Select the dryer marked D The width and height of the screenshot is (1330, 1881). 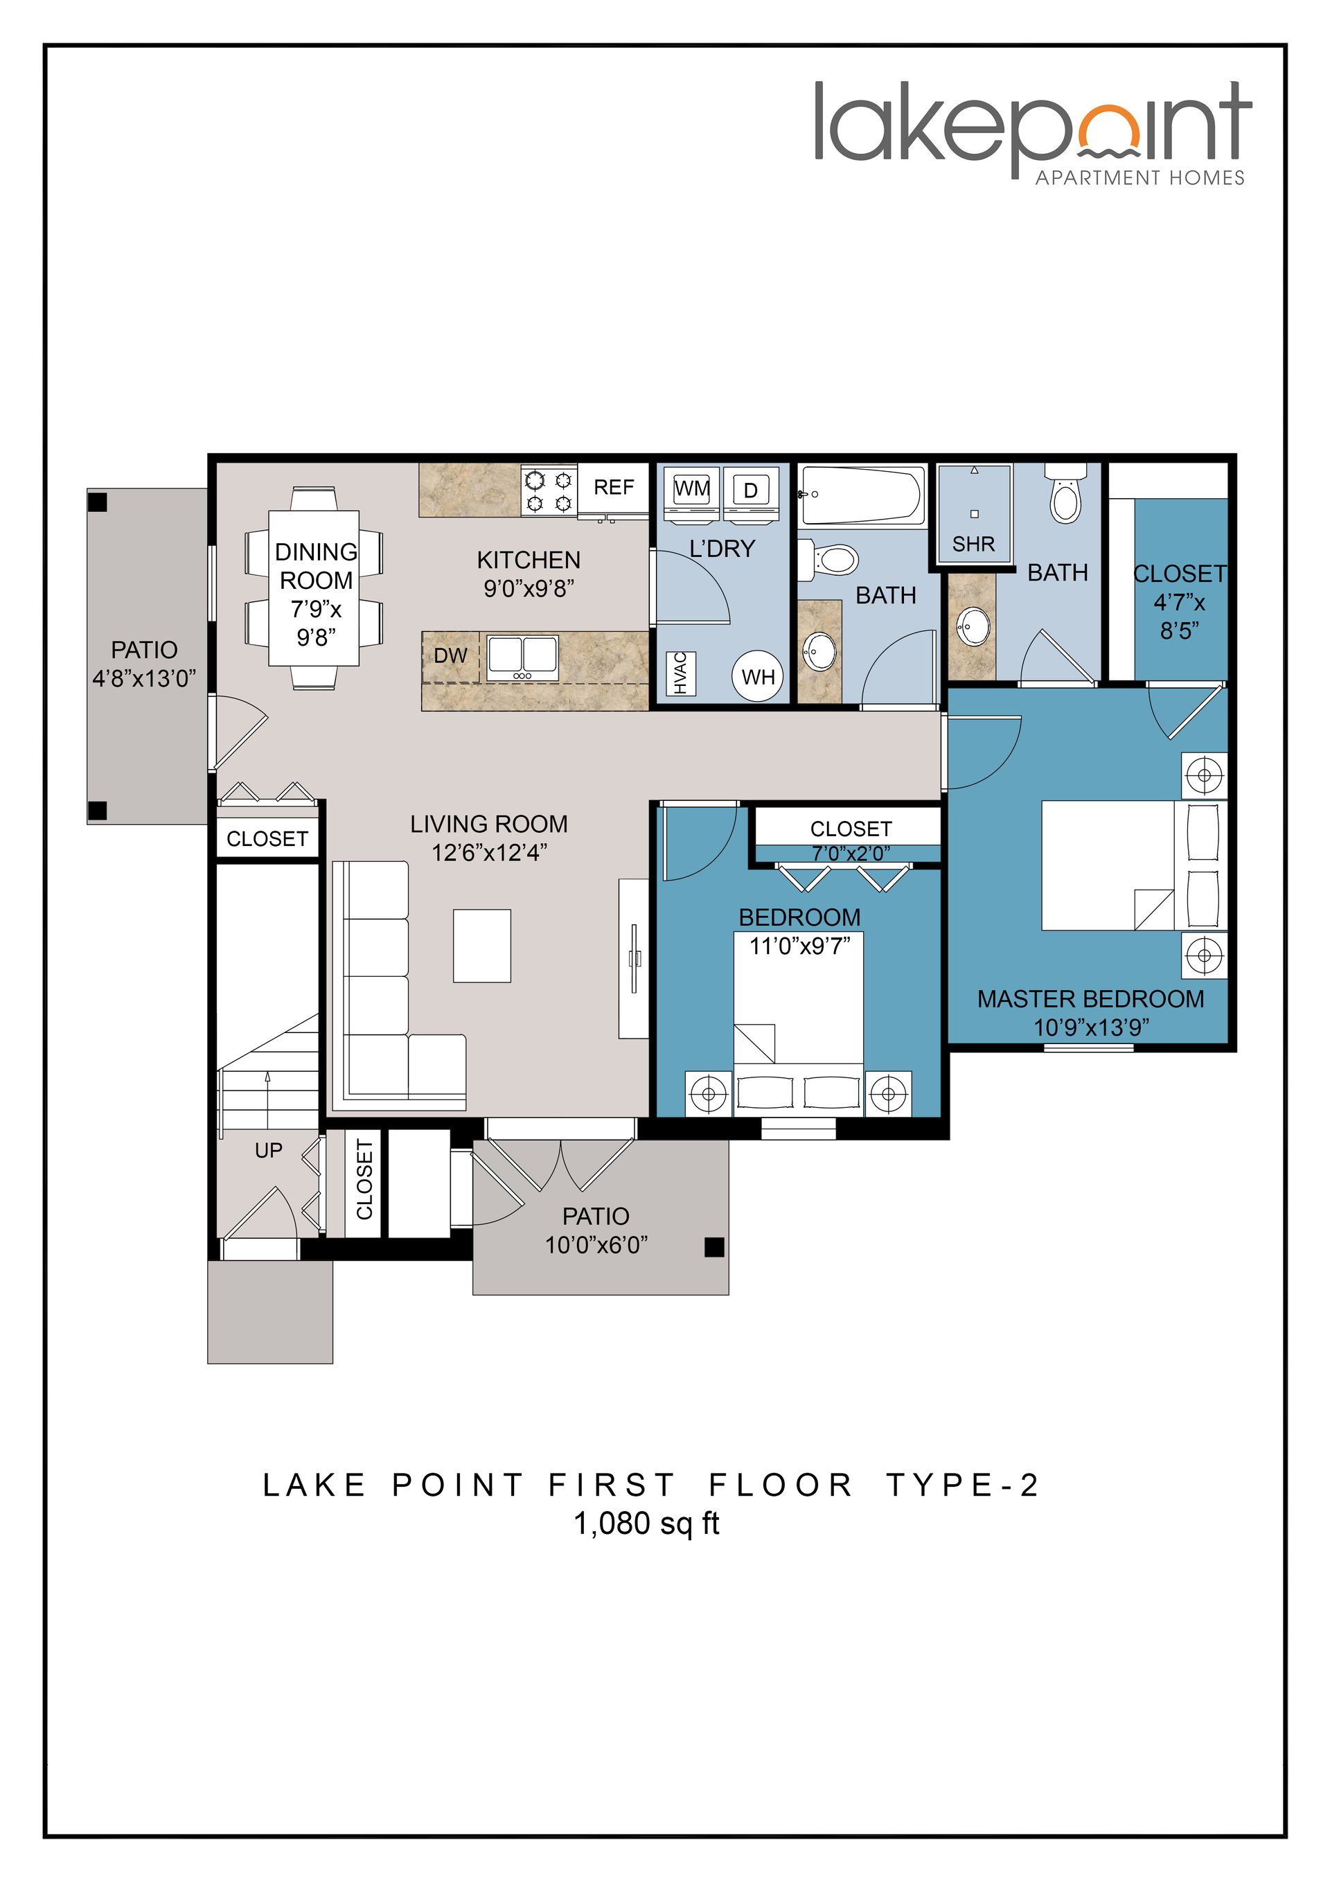coord(750,490)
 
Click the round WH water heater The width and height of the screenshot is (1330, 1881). coord(758,677)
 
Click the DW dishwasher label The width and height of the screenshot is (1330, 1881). coord(450,655)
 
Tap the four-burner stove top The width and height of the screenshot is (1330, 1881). coord(549,490)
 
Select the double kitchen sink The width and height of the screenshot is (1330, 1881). coord(522,658)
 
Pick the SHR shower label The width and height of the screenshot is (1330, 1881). coord(973,544)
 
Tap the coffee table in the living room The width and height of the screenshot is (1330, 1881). coord(481,946)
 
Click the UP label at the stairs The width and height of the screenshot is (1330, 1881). coord(268,1150)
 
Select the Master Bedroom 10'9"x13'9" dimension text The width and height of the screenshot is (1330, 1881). coord(1091,1027)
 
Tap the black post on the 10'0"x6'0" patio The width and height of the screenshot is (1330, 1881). coord(714,1247)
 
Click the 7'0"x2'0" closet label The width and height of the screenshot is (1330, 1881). coord(850,853)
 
